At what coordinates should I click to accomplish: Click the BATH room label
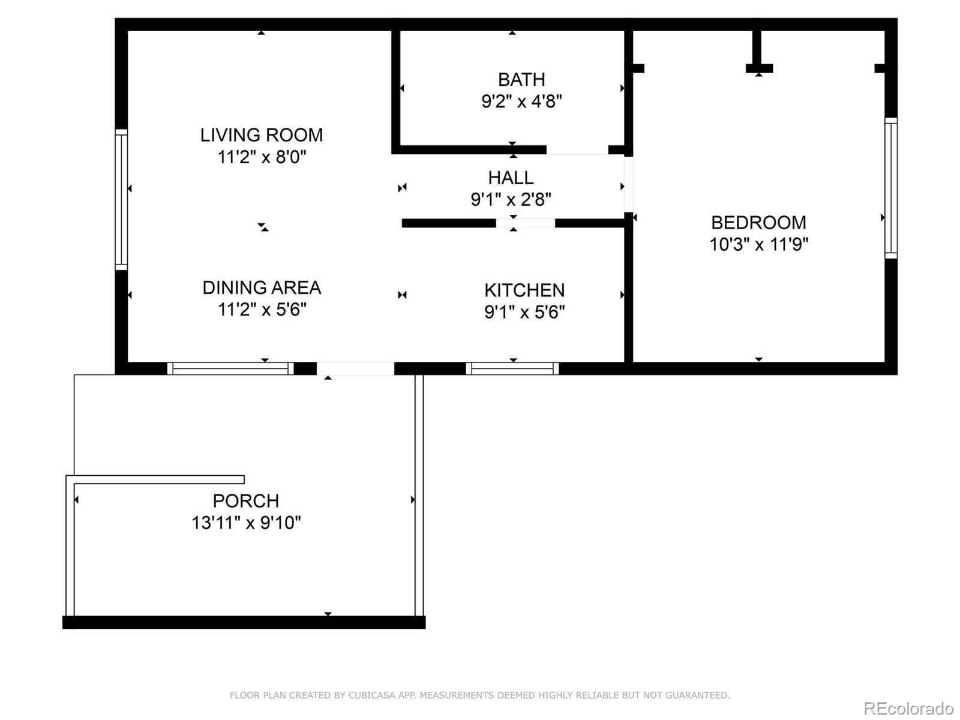521,79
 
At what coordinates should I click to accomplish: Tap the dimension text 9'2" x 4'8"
521,101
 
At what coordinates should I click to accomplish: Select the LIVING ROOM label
262,135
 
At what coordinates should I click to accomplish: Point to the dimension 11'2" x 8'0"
262,157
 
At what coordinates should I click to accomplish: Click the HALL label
511,178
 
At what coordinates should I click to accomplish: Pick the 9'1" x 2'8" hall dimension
511,199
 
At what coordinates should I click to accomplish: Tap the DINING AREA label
262,287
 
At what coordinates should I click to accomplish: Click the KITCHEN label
524,290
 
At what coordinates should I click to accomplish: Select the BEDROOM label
758,223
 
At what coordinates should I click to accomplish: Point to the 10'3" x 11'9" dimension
758,245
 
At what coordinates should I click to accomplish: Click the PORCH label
245,500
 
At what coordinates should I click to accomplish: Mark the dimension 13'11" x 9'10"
245,523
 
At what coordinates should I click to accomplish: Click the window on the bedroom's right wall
891,188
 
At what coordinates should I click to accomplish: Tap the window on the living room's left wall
121,199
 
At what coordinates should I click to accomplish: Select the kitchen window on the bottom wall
512,368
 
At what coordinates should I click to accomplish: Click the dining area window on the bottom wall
230,368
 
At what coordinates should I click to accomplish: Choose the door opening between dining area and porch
355,368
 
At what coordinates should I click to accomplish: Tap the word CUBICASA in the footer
371,695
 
